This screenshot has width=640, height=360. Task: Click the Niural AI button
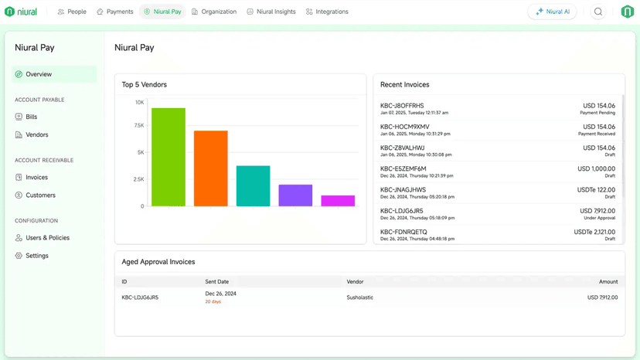(552, 12)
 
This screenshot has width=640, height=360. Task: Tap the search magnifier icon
(598, 12)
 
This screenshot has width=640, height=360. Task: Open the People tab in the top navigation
(72, 12)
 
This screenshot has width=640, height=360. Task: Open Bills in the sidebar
(31, 117)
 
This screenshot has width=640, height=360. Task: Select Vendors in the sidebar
(36, 134)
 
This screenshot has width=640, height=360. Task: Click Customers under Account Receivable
(40, 195)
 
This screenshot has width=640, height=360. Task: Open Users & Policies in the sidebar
(47, 238)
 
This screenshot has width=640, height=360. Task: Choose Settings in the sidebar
(36, 256)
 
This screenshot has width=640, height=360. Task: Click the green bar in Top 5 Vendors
(168, 158)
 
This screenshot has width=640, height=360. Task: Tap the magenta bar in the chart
(338, 201)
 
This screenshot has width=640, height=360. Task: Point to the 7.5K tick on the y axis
(139, 125)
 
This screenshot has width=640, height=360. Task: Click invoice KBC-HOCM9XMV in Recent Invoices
(405, 127)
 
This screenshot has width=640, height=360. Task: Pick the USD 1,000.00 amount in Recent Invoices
(596, 168)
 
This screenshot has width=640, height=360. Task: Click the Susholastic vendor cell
(360, 297)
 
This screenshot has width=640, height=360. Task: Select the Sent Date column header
(217, 282)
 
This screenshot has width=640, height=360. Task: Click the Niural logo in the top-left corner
(21, 12)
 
